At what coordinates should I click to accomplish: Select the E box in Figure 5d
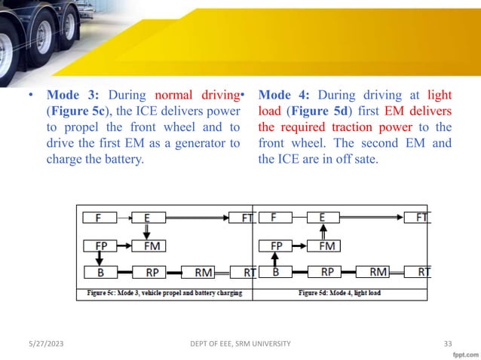(322, 218)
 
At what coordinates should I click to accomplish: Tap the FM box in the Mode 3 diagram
(149, 246)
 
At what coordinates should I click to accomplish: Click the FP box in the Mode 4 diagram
(276, 246)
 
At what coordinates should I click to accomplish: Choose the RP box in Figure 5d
(327, 272)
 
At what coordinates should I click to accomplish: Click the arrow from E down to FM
(146, 232)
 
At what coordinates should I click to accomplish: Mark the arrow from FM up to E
(323, 232)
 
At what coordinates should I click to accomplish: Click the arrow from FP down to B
(100, 259)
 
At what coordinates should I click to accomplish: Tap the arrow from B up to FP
(276, 259)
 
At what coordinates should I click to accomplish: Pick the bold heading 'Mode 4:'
(285, 96)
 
